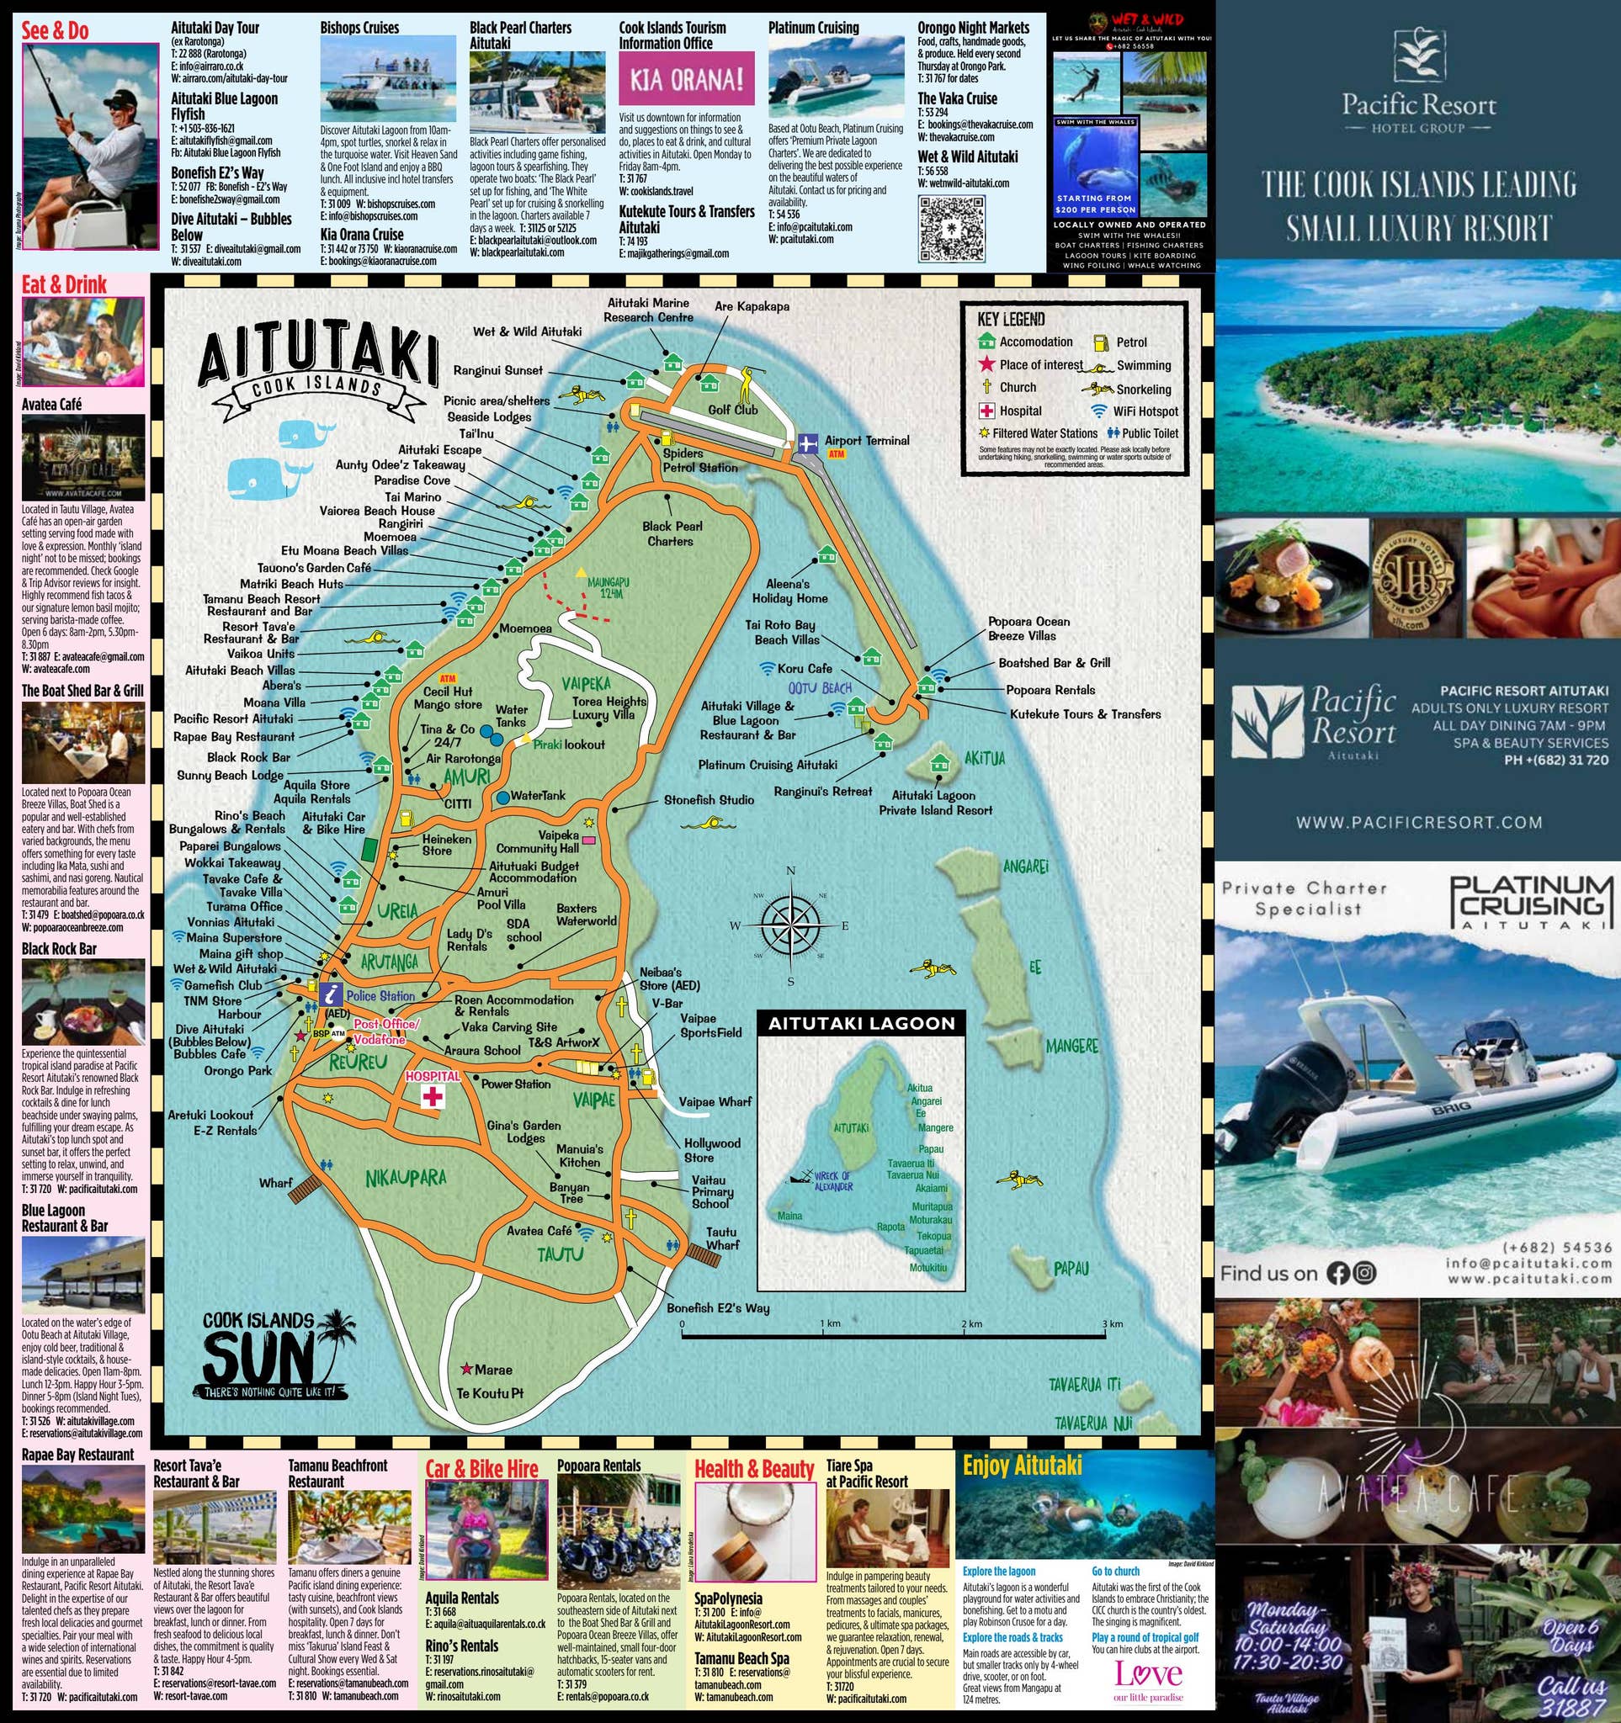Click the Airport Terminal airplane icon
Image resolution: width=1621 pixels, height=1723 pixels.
[808, 443]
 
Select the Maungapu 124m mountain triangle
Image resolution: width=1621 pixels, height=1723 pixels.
[582, 573]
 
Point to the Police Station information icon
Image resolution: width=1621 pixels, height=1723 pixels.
[330, 995]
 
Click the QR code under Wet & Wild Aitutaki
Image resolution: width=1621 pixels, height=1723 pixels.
[950, 228]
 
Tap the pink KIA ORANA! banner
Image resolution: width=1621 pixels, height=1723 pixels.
[686, 79]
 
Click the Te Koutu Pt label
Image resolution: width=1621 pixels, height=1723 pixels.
[490, 1394]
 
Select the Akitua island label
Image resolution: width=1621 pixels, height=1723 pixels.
[984, 758]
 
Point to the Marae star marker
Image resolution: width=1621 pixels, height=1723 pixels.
[467, 1369]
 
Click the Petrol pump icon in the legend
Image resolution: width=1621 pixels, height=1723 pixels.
[1101, 342]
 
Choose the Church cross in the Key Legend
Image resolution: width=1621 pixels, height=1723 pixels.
[986, 387]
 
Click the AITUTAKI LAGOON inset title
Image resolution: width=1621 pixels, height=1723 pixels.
[861, 1023]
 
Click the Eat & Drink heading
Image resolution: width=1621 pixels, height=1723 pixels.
[64, 284]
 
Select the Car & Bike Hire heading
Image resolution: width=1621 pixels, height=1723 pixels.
[481, 1468]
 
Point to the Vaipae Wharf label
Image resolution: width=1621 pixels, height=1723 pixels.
[715, 1101]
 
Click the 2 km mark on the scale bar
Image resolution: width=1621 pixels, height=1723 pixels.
[971, 1324]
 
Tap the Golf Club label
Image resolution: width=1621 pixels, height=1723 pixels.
[732, 409]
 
